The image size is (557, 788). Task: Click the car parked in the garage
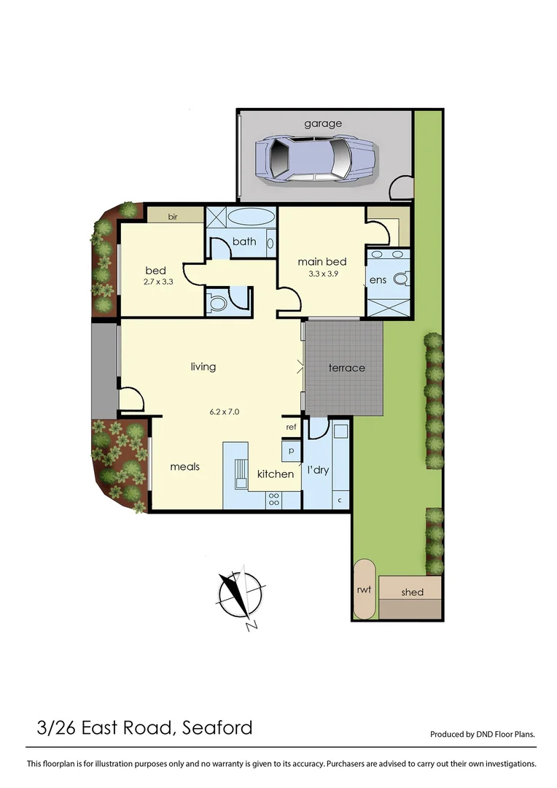[316, 159]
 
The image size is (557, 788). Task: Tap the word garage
[323, 124]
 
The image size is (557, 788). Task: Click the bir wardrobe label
[174, 216]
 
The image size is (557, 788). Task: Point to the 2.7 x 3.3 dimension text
[158, 281]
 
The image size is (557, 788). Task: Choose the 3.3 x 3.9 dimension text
[322, 274]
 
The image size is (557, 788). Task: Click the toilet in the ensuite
[400, 279]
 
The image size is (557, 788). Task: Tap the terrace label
[346, 368]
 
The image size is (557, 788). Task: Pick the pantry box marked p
[291, 452]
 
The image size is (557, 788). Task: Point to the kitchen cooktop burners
[275, 500]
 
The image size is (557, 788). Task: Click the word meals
[185, 467]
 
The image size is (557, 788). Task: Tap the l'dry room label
[319, 470]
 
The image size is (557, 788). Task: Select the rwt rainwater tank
[363, 590]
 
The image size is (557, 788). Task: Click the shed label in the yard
[412, 592]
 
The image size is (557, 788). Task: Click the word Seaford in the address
[217, 727]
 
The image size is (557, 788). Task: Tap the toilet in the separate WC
[217, 302]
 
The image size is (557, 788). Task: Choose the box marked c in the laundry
[340, 501]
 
